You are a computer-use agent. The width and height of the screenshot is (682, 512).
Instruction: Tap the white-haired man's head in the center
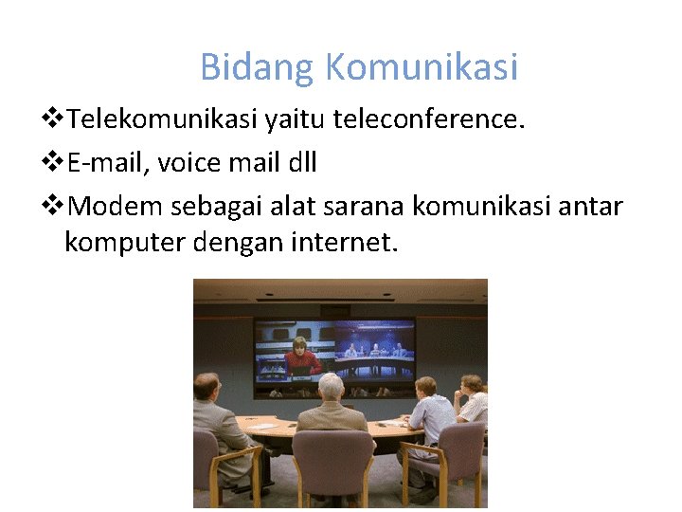click(331, 386)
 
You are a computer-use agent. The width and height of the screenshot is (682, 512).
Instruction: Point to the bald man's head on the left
click(207, 386)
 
